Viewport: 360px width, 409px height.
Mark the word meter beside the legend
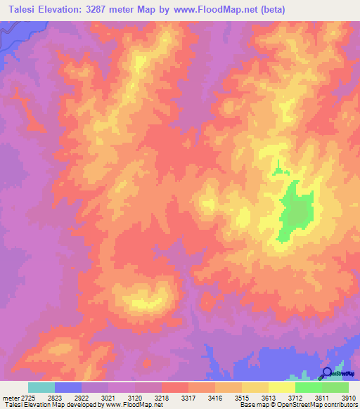tap(10, 398)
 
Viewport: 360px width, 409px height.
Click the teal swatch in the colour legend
tap(41, 387)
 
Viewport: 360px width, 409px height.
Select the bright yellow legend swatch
tap(281, 387)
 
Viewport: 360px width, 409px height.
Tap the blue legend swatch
tap(68, 387)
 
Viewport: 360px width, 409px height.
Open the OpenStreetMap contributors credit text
tap(321, 405)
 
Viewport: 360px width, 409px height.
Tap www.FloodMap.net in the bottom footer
tap(134, 405)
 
